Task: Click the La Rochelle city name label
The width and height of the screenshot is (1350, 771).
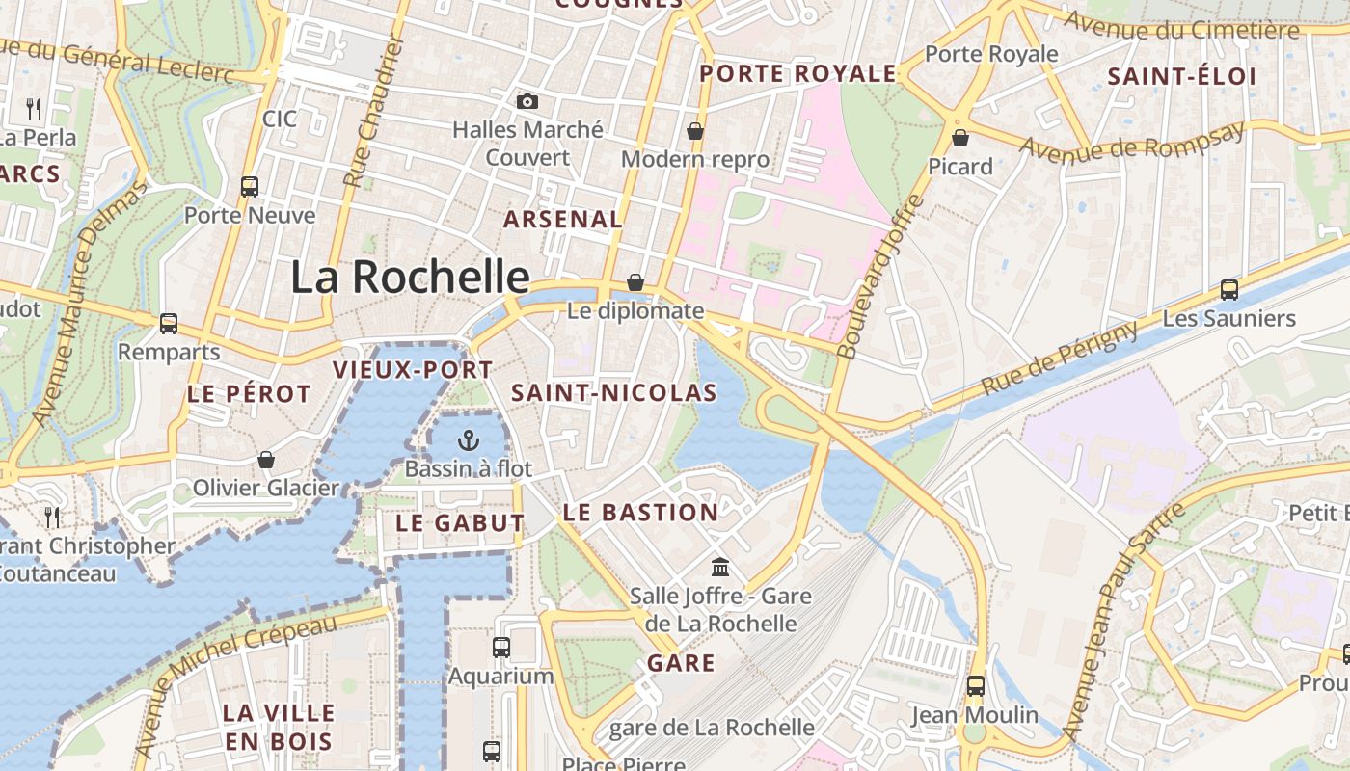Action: tap(410, 278)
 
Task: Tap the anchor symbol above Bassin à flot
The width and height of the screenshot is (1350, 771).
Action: tap(468, 441)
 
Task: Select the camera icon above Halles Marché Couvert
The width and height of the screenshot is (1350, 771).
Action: tap(527, 101)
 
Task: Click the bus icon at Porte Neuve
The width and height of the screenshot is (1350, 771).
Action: tap(250, 186)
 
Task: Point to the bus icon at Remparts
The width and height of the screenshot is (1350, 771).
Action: tap(169, 324)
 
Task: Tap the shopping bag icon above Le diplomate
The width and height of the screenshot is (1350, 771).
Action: tap(635, 282)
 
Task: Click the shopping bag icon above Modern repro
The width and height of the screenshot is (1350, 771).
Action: tap(694, 131)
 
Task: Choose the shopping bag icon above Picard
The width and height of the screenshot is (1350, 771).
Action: tap(959, 138)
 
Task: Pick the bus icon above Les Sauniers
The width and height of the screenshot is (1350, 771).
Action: tap(1229, 289)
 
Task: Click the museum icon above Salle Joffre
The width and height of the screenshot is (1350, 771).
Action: tap(720, 567)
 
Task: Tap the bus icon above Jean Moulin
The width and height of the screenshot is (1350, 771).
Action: tap(975, 686)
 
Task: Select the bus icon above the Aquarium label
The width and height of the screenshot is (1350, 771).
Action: tap(501, 648)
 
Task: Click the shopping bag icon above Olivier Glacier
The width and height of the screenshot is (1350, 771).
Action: tap(266, 460)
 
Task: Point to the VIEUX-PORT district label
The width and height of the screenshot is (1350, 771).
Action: tap(413, 369)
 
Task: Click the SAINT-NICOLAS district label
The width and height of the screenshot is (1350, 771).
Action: tap(614, 392)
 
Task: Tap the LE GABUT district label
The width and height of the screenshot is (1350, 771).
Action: tap(460, 523)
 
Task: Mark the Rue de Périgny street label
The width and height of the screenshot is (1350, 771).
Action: tap(1061, 359)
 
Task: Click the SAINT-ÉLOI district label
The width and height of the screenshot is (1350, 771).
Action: tap(1181, 76)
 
